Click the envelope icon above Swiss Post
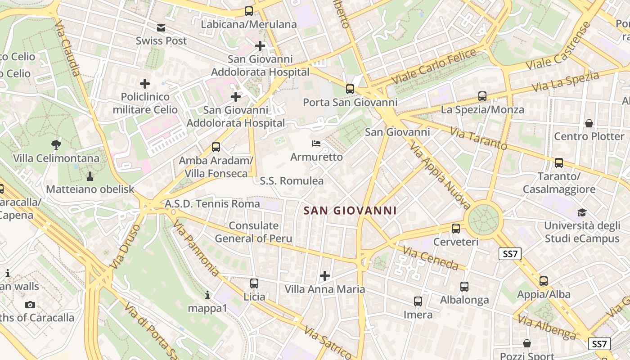(x=161, y=28)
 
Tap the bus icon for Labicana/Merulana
(x=249, y=11)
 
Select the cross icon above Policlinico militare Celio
(x=145, y=84)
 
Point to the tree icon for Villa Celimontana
(x=56, y=145)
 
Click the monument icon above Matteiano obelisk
(x=90, y=175)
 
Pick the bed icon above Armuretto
(x=316, y=144)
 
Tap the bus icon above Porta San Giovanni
(x=350, y=89)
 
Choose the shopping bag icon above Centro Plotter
(x=589, y=123)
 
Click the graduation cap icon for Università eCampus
(x=582, y=212)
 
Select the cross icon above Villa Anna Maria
(x=324, y=275)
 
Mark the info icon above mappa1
(x=207, y=295)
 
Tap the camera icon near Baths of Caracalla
(x=30, y=305)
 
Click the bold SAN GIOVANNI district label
(x=350, y=211)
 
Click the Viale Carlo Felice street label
(x=433, y=67)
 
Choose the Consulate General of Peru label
(x=253, y=232)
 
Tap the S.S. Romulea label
(x=292, y=181)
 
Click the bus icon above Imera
(x=418, y=301)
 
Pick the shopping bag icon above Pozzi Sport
(x=527, y=344)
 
